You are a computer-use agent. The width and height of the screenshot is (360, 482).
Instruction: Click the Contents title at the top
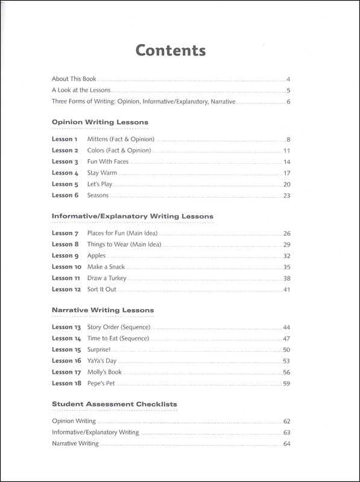171,50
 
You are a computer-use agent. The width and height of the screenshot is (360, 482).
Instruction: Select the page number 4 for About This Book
289,79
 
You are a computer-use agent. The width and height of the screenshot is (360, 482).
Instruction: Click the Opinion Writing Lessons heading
100,122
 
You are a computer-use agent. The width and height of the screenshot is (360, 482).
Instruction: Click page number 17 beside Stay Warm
287,174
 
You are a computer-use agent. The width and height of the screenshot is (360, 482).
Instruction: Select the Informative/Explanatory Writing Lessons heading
133,216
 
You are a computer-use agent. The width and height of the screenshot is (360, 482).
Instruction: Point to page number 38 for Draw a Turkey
287,278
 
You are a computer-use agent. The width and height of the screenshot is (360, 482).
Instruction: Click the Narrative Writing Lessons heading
103,310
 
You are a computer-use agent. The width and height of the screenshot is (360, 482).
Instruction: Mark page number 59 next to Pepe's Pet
287,383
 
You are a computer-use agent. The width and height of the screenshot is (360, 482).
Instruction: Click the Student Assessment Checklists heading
115,404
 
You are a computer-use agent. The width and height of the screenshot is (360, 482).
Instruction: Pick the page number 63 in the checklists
287,433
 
